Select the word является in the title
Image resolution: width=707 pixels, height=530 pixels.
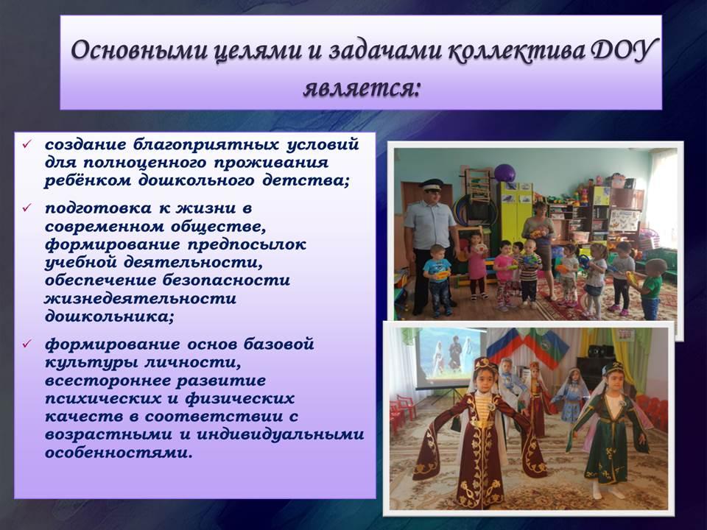[x=361, y=88]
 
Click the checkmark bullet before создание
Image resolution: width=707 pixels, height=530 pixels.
[x=27, y=144]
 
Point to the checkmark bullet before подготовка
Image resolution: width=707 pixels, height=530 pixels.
[x=27, y=208]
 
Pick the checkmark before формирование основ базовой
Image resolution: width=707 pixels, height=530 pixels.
[x=27, y=344]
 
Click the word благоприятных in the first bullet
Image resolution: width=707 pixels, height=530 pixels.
[x=205, y=145]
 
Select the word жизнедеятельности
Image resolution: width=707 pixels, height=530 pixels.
[x=140, y=298]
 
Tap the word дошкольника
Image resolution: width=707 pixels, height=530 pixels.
[x=109, y=317]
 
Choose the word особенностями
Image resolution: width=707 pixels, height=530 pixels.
[x=119, y=453]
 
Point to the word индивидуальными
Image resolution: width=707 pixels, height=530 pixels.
[x=280, y=434]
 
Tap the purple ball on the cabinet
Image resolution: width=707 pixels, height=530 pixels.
[x=504, y=173]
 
